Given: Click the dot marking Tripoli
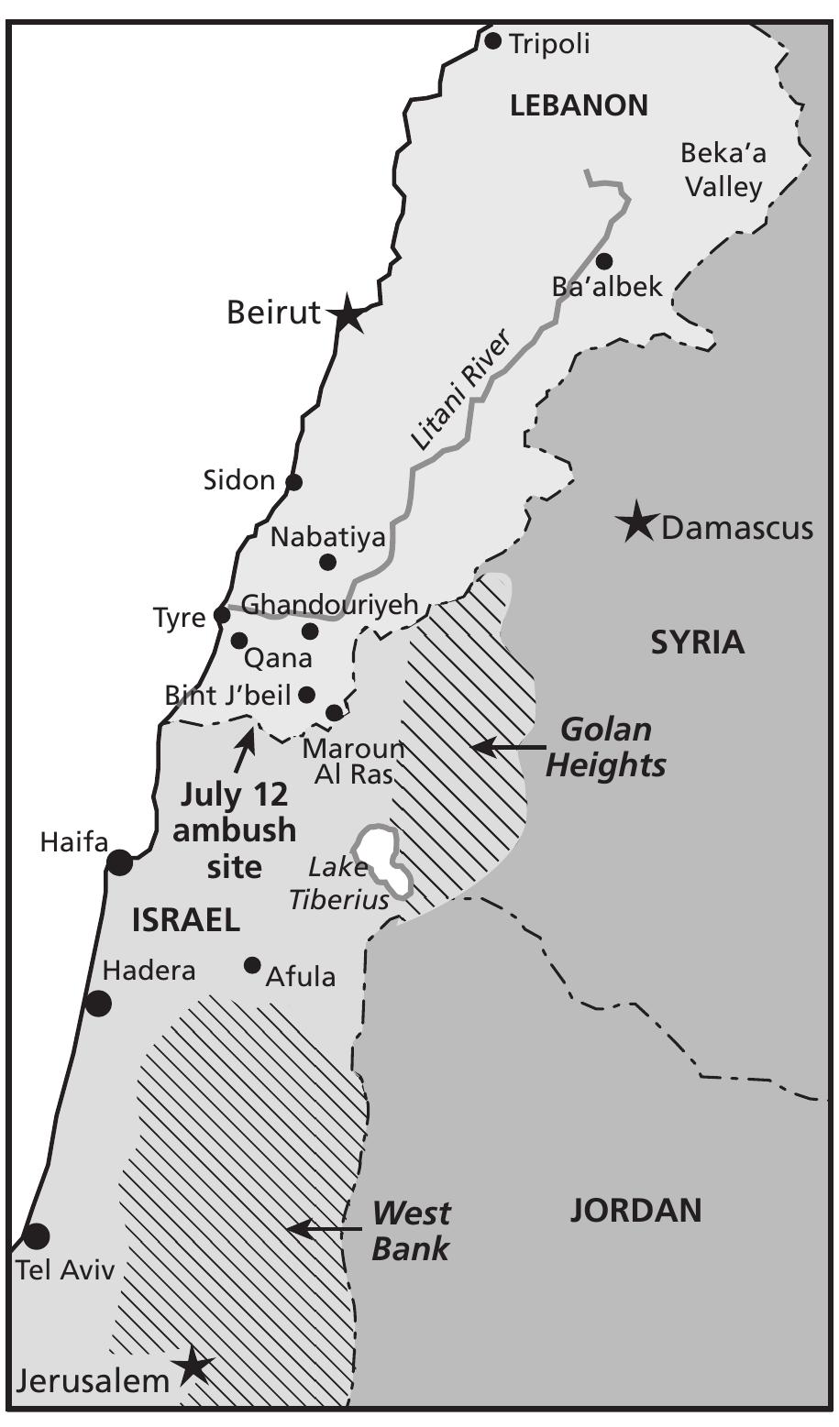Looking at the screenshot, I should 493,40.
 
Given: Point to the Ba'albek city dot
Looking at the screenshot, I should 604,260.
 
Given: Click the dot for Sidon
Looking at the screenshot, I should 294,481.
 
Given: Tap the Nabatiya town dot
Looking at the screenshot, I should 327,562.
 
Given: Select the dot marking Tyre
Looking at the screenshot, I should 222,614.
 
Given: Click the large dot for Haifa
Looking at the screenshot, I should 120,862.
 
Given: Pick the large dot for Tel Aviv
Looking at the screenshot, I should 36,1236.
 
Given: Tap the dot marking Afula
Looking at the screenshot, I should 252,965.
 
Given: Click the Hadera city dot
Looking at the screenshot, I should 98,1004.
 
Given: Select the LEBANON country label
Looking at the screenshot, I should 579,105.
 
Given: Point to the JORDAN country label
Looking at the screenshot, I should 635,1211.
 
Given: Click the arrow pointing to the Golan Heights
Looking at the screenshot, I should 507,747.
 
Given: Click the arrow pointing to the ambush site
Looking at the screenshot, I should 245,748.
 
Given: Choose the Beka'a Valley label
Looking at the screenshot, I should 723,170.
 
